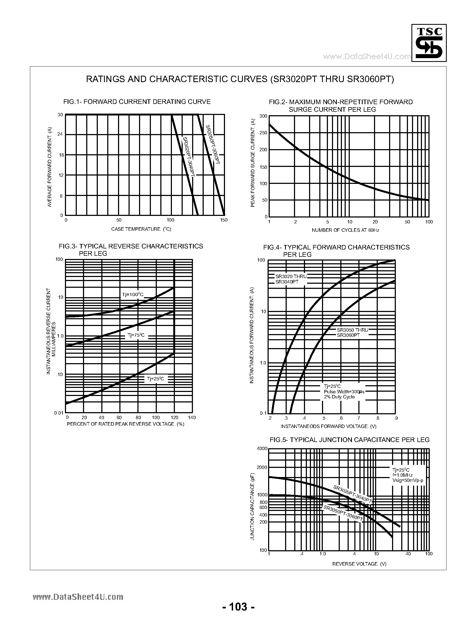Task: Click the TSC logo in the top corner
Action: tap(429, 43)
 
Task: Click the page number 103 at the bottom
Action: tap(238, 607)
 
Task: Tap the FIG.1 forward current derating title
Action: tap(137, 102)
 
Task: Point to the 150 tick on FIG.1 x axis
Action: tap(224, 220)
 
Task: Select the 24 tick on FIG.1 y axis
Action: tap(60, 134)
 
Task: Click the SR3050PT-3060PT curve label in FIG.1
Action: tap(213, 145)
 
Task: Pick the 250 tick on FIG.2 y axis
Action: tap(263, 133)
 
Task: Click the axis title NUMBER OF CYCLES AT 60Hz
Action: tap(345, 230)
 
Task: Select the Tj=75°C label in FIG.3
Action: tap(136, 335)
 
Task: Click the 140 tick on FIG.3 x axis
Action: tap(192, 418)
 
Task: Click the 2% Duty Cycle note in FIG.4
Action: tap(339, 397)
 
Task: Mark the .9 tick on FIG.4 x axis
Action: tap(396, 418)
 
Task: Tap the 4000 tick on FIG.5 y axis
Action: tap(262, 449)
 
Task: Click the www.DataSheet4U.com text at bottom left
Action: tap(78, 597)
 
